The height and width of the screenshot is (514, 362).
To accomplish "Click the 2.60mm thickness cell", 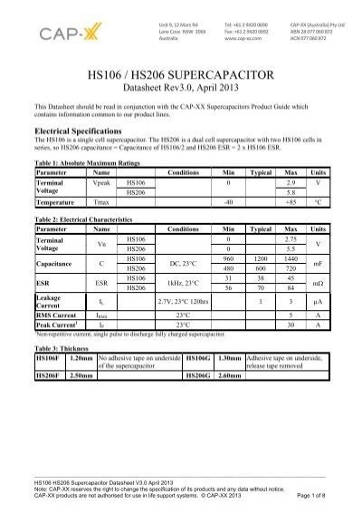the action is (x=230, y=374).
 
